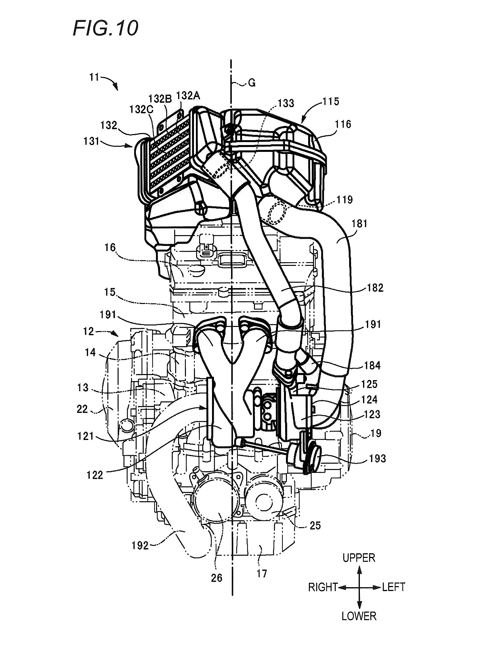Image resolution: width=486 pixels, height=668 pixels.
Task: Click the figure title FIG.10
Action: pos(105,29)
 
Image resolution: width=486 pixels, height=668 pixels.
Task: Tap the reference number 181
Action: pos(359,224)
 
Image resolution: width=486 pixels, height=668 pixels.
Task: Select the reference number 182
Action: pos(375,288)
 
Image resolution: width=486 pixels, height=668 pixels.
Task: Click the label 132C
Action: pos(141,109)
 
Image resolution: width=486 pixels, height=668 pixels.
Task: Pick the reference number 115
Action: pos(331,101)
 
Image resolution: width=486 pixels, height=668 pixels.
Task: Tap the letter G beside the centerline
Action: pos(252,83)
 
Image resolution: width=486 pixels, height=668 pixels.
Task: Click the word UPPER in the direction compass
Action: pos(359,558)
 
